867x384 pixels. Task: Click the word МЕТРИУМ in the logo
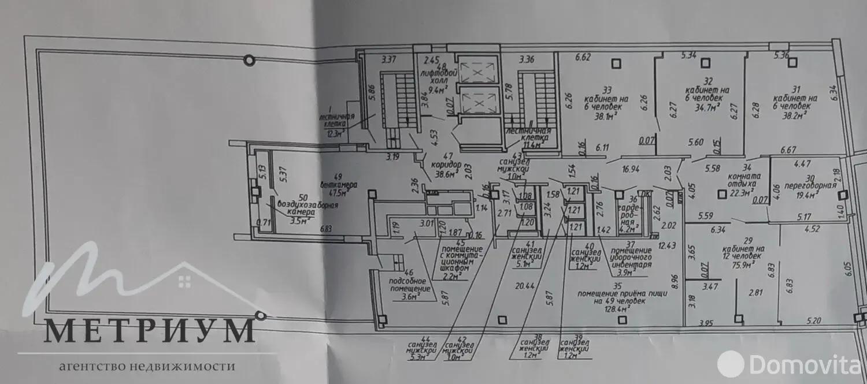[150, 331]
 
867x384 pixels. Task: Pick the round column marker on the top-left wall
[249, 59]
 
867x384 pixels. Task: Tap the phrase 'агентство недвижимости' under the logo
[147, 366]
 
